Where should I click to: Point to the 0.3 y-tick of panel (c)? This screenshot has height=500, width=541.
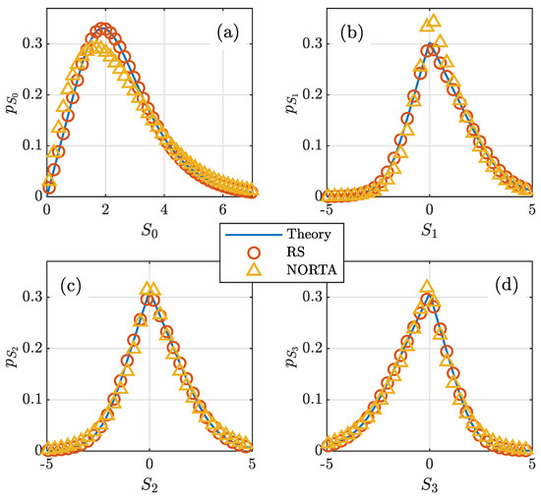(29, 296)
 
